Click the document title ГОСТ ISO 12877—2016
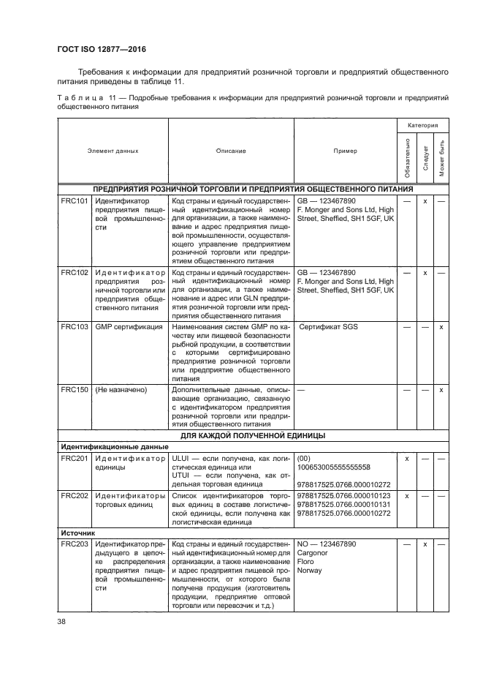pos(100,49)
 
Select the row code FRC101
pos(74,200)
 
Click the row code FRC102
pos(74,271)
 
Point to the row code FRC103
pos(74,326)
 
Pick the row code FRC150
pos(74,389)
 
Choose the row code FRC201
pos(74,458)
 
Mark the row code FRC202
pos(74,495)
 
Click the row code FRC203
pos(74,545)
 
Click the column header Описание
pos(231,151)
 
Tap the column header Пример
pos(345,151)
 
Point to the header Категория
pos(423,126)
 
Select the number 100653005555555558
pos(334,467)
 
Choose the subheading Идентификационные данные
pos(104,446)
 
